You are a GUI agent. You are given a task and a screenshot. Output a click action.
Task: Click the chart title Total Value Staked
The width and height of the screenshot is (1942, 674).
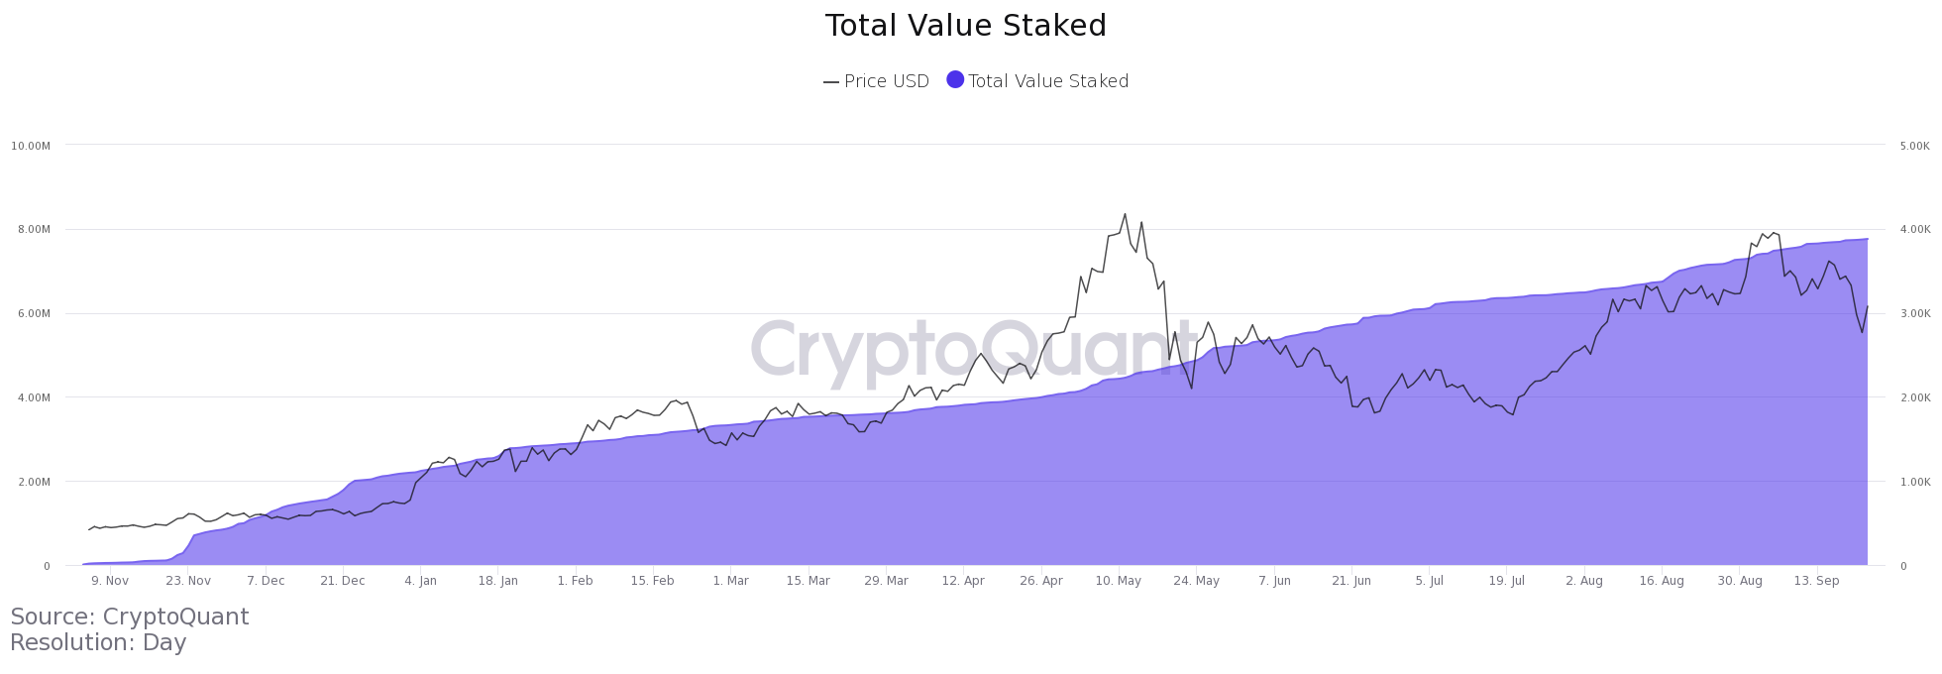pos(965,26)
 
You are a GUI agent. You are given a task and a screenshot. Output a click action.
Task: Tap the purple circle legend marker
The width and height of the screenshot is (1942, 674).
pos(955,80)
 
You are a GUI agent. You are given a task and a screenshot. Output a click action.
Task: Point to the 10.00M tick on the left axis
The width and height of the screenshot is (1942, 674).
pos(31,146)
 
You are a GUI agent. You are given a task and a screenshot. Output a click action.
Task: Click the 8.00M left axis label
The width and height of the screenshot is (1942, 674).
pos(31,230)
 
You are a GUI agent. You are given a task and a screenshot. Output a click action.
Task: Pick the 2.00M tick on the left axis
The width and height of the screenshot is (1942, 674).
pos(31,482)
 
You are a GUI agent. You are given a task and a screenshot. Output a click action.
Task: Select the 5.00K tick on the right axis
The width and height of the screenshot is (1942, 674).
pos(1915,146)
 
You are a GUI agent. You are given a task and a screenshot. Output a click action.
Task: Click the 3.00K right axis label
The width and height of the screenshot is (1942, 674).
pos(1915,314)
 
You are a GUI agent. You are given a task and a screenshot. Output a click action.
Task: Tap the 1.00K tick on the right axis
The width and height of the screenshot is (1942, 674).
pos(1915,482)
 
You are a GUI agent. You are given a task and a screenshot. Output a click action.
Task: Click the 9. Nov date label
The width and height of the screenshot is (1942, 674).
pos(110,581)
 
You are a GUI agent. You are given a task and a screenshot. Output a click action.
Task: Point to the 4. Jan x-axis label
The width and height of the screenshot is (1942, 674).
pos(420,581)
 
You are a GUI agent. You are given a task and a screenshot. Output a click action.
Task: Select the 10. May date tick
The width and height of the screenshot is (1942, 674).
pos(1119,581)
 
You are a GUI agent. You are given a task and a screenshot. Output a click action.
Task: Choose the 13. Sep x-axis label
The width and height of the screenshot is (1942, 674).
pos(1816,581)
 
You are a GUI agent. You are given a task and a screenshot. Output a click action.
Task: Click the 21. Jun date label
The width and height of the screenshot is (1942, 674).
pos(1351,581)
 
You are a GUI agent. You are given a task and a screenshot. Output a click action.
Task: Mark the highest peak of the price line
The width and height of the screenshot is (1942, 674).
pos(1125,213)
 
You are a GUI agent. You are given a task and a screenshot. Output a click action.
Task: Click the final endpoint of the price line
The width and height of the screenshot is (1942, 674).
pos(1868,306)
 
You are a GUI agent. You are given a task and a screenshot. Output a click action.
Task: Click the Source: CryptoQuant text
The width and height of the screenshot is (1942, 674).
pos(130,617)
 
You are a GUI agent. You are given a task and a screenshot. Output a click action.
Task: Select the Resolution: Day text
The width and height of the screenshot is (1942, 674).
pos(98,642)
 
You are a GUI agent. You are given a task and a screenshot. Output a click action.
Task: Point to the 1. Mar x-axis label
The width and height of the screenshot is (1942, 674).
pos(730,581)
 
